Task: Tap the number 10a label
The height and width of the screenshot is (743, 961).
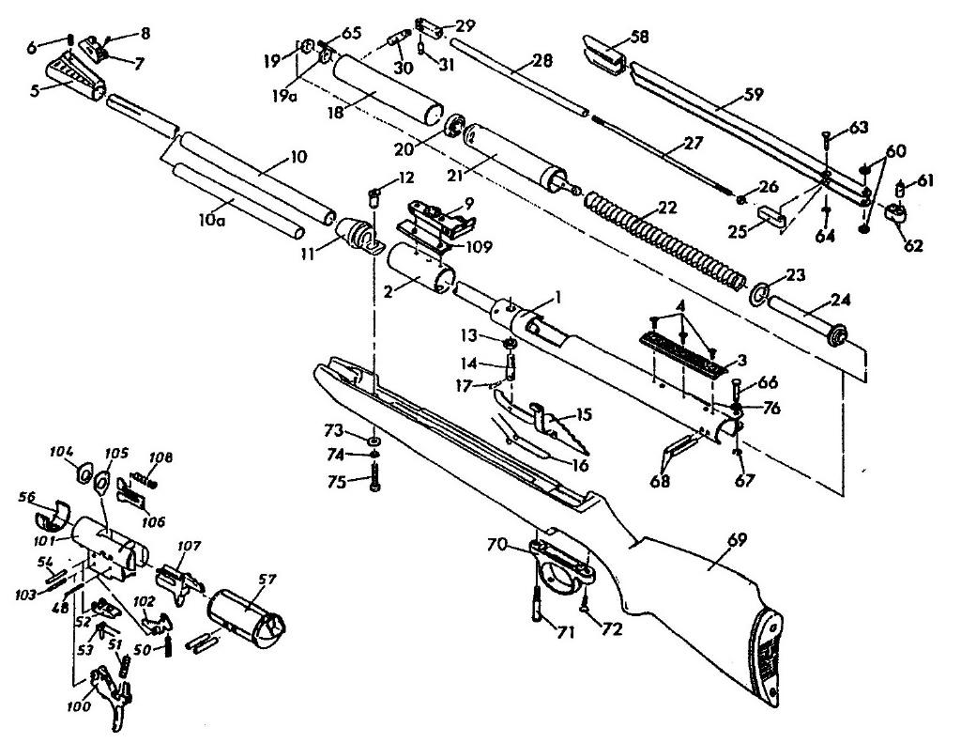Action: coord(210,220)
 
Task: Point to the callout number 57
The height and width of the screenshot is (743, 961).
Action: coord(267,580)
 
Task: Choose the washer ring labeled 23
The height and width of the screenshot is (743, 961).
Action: coord(758,294)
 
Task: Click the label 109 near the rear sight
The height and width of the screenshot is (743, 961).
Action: coord(478,247)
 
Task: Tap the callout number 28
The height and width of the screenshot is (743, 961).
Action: coord(542,61)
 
